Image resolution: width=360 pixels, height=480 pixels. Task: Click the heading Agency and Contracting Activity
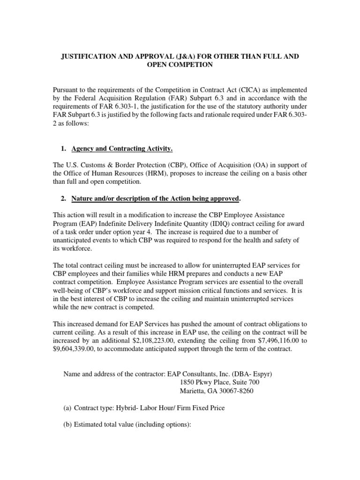tap(122, 149)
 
